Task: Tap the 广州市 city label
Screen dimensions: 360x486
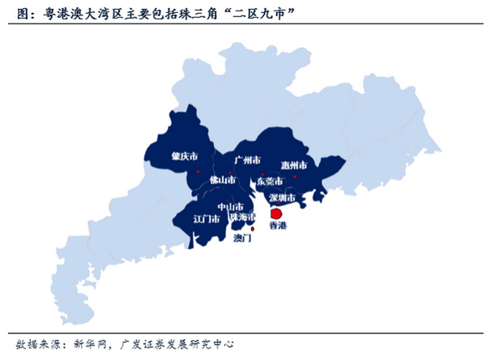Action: click(x=247, y=161)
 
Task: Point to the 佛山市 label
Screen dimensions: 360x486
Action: click(x=222, y=179)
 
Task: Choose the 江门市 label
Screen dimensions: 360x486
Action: click(x=206, y=219)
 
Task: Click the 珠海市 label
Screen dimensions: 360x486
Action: click(x=242, y=217)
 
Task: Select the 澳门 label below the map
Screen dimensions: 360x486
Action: click(x=242, y=238)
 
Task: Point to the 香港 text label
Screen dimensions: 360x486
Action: click(x=277, y=225)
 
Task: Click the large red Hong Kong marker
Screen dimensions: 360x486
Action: click(x=275, y=212)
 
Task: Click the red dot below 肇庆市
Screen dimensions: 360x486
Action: click(x=197, y=171)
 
